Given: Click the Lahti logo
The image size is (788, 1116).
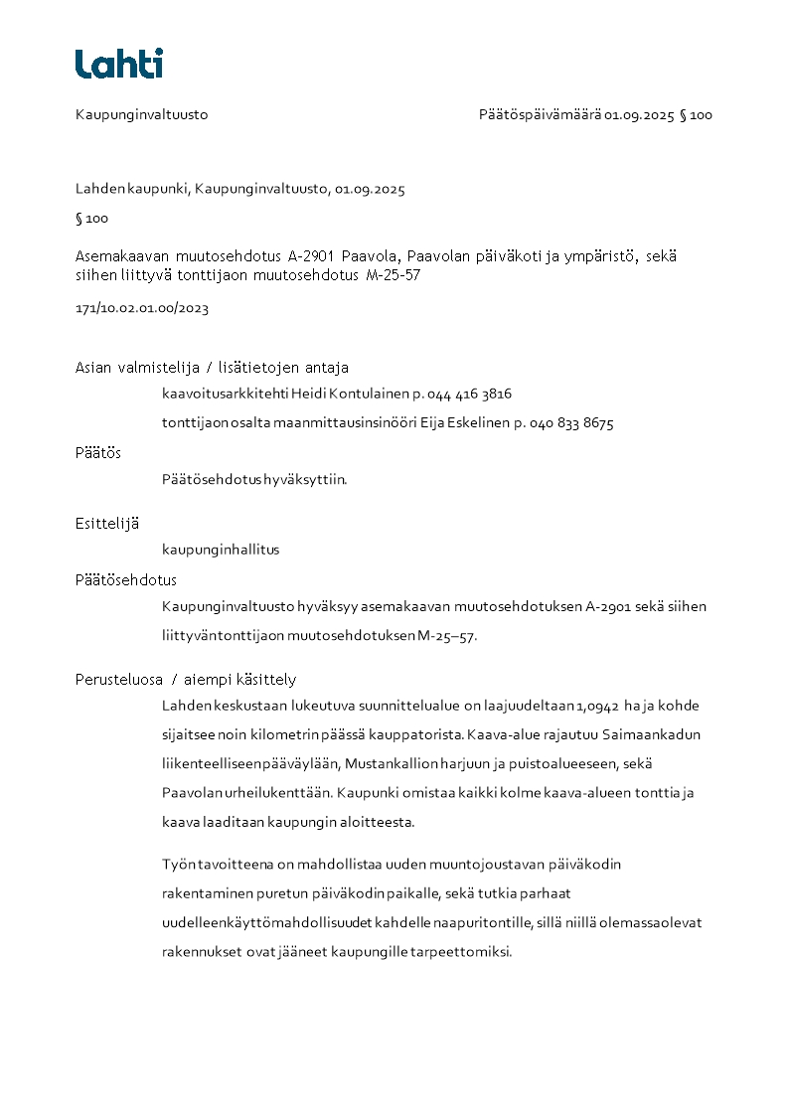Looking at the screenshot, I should click(x=119, y=64).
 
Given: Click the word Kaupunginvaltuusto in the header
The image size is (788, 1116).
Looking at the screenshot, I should click(x=141, y=114).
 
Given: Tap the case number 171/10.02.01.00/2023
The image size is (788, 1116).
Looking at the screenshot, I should click(x=142, y=308).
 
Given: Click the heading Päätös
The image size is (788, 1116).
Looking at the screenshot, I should click(x=98, y=452).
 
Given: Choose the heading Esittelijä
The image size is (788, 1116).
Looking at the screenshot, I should click(x=107, y=522).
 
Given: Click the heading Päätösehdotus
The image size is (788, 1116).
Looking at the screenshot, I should click(x=126, y=579).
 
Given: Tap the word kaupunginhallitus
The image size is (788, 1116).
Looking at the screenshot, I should click(x=221, y=550).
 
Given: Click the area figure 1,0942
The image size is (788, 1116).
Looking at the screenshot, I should click(x=597, y=707).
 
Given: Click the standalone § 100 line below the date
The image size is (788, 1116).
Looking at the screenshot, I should click(x=92, y=219).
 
